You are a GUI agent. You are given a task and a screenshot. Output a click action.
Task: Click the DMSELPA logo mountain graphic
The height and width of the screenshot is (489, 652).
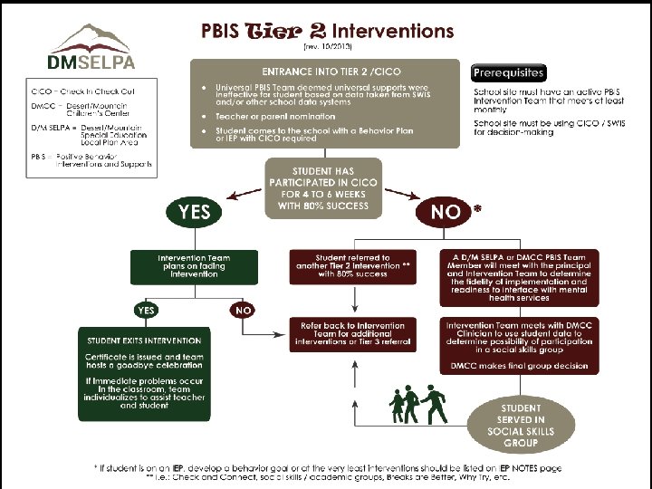tap(91, 40)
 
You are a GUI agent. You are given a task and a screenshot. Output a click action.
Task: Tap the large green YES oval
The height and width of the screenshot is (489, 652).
tap(194, 212)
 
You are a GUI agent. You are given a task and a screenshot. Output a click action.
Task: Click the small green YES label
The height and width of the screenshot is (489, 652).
tap(145, 310)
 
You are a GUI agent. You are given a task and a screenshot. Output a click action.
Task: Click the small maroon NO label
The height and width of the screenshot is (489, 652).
tap(244, 310)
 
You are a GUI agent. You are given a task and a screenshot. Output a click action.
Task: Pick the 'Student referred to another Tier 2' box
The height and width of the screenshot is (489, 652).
tap(354, 267)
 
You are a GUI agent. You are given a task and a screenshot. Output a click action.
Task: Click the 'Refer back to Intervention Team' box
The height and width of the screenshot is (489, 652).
tap(354, 333)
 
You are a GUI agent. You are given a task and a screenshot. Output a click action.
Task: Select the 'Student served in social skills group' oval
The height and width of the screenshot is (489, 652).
tap(520, 426)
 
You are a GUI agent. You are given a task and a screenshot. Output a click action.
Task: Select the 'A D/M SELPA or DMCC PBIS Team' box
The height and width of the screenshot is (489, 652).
tap(518, 279)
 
